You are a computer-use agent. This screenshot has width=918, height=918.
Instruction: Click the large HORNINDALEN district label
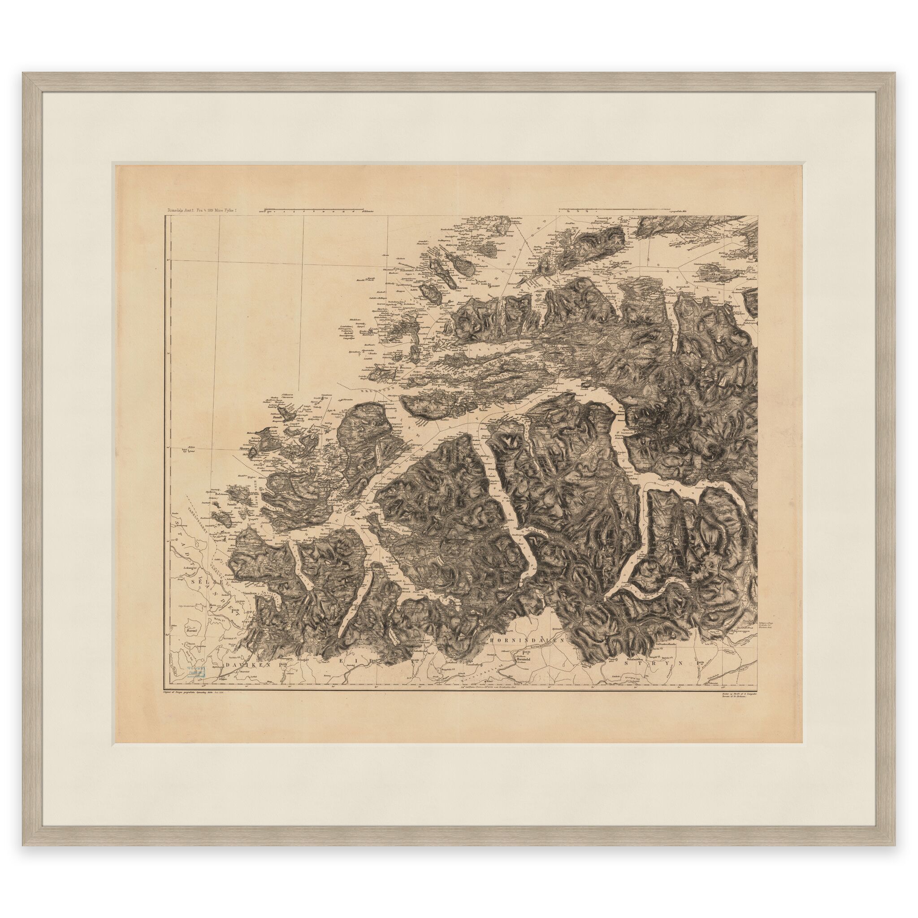[525, 640]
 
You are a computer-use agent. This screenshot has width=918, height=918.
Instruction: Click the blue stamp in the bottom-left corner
[196, 672]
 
